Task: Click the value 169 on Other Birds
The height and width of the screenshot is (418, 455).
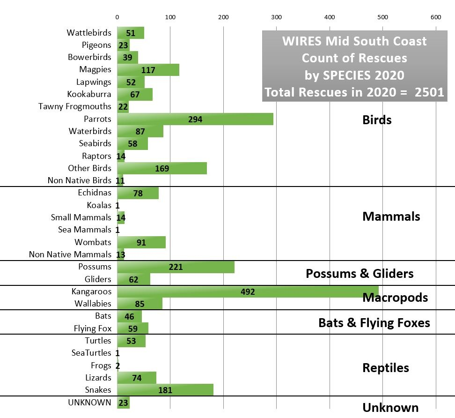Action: click(x=162, y=168)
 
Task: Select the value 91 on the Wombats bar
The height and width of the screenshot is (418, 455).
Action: click(x=141, y=242)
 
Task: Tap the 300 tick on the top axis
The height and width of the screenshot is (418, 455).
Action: click(x=276, y=17)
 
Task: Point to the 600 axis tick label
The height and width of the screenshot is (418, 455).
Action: click(x=435, y=17)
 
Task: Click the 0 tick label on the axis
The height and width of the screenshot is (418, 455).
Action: click(x=117, y=17)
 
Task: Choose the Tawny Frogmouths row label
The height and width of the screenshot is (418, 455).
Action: click(x=75, y=106)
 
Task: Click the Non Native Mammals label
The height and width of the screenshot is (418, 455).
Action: click(x=70, y=254)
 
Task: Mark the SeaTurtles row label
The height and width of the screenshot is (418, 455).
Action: click(x=91, y=353)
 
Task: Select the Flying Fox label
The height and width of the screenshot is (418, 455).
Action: click(x=93, y=328)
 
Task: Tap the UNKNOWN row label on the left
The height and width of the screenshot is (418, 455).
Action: click(x=89, y=402)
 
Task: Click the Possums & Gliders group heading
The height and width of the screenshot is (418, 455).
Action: click(x=360, y=273)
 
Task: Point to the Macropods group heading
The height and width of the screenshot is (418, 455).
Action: click(x=395, y=298)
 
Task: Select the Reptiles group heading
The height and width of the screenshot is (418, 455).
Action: click(x=386, y=368)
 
